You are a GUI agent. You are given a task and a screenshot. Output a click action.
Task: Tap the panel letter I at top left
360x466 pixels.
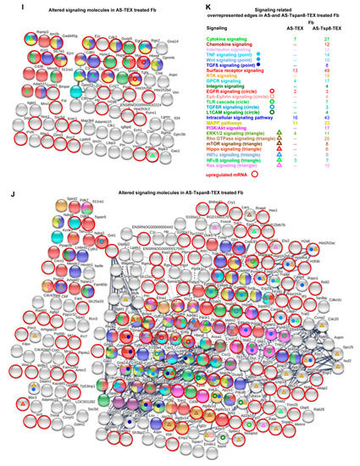coord(8,5)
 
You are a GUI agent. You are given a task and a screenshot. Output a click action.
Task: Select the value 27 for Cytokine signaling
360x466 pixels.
coord(327,39)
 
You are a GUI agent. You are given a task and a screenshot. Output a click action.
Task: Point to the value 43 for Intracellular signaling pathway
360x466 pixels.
coord(327,115)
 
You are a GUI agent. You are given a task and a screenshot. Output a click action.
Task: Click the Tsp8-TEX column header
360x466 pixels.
coord(327,27)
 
